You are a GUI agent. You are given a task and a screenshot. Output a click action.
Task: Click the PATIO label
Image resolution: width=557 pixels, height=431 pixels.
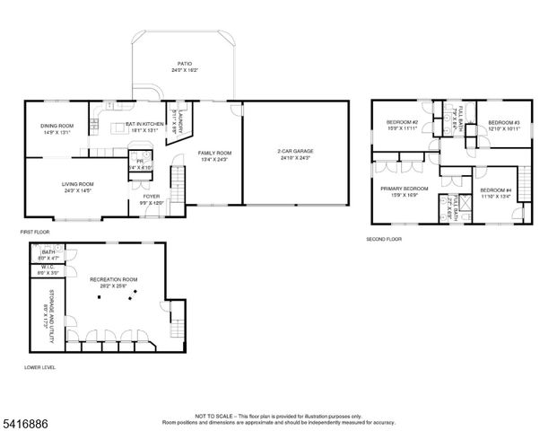click(184, 65)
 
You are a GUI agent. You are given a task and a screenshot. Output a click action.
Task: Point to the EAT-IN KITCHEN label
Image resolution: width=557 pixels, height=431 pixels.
click(144, 125)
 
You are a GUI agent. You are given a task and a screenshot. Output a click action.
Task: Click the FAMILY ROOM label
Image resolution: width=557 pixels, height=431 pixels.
click(214, 154)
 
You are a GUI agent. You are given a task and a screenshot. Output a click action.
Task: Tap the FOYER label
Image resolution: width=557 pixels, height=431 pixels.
click(151, 196)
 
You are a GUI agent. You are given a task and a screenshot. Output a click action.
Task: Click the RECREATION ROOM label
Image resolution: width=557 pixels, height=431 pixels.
click(112, 279)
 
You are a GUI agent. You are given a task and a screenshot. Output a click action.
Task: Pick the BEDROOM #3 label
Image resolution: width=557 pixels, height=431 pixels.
click(505, 123)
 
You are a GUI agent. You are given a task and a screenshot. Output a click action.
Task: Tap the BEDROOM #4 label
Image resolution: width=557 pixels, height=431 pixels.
click(494, 190)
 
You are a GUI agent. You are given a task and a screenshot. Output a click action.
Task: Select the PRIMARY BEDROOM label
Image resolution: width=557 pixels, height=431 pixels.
click(404, 189)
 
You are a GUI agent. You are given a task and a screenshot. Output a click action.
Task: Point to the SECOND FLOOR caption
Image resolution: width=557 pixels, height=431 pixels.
click(384, 240)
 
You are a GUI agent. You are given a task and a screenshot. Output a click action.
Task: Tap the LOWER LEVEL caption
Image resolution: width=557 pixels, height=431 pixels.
click(40, 368)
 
